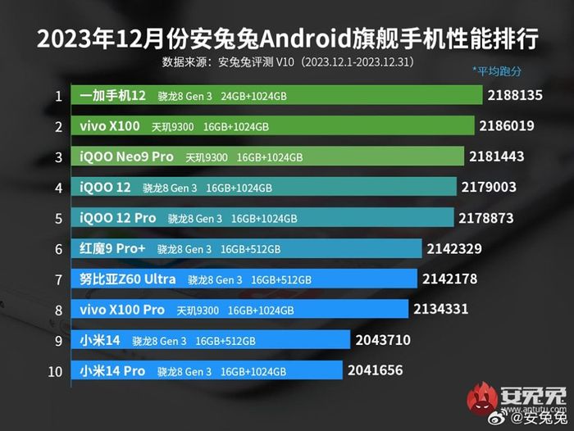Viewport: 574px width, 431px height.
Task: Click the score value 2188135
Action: coord(515,96)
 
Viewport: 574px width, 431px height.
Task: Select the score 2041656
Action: coord(375,370)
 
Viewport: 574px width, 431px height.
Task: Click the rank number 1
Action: coord(58,96)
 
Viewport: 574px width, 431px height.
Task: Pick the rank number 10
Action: coord(56,371)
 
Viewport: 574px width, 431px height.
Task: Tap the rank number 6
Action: coord(58,248)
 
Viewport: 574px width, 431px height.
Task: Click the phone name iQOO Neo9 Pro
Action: coord(127,157)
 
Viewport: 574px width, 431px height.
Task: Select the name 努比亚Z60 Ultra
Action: coord(128,279)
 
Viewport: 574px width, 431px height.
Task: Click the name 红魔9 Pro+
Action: coord(114,248)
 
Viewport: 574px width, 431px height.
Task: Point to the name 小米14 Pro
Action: coord(113,371)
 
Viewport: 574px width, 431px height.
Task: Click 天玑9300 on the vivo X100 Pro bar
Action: coord(198,311)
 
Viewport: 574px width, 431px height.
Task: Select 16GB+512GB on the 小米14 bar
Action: coord(225,341)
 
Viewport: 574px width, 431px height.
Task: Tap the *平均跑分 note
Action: coord(497,71)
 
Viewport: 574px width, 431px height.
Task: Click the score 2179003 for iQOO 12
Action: coord(489,188)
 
